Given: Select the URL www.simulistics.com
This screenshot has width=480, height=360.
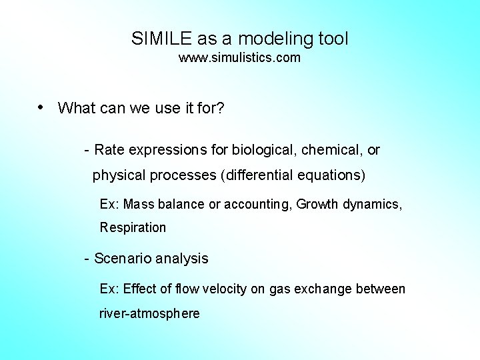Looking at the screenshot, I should coord(239,58).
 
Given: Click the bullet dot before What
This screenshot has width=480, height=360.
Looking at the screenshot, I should coord(41,107).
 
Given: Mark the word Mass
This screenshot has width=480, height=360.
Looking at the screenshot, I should coord(138,204).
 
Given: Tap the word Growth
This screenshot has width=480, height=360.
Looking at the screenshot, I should coord(317,204).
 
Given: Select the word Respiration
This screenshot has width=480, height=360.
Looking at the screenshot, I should coord(133,228).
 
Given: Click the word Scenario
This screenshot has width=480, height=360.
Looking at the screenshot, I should coord(123,259).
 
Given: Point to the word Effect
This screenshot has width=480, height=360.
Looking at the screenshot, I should coord(138,289).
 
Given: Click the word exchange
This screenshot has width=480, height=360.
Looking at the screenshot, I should coord(323,289).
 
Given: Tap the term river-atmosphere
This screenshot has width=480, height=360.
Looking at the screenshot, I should coord(149,313).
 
